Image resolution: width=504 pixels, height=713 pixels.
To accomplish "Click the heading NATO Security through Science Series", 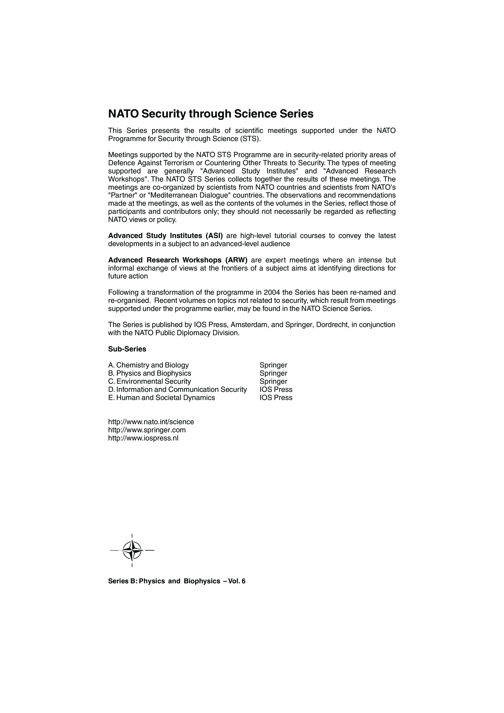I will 211,114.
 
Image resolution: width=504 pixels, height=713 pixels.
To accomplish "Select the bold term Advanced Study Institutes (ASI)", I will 165,236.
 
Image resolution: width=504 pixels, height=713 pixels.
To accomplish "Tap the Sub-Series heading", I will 127,349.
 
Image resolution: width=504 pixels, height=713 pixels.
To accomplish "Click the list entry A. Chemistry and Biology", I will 148,365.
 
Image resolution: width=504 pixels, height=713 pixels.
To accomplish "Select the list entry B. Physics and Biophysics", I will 150,373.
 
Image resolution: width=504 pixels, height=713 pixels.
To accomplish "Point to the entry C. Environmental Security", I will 149,381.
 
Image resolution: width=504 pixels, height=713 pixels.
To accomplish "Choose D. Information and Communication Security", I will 177,389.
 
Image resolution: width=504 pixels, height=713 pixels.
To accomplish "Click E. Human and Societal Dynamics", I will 161,398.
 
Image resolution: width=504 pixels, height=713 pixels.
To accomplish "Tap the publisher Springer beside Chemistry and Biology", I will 273,365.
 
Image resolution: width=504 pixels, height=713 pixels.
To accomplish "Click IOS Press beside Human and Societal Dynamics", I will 276,398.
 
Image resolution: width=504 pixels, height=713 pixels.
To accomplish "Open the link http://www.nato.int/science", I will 151,422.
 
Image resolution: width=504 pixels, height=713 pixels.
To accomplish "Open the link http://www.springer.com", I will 147,430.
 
